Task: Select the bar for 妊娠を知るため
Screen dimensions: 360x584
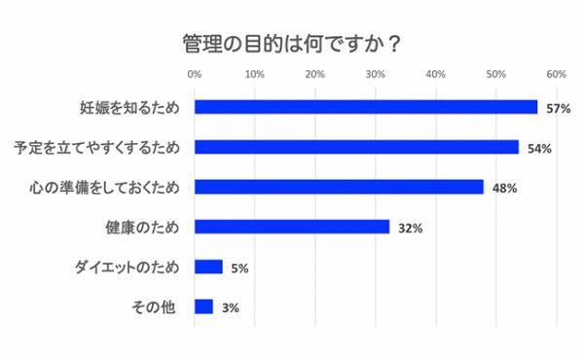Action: click(x=366, y=107)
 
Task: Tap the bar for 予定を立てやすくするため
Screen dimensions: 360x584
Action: click(x=356, y=147)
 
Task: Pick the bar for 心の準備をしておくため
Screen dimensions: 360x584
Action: click(x=339, y=187)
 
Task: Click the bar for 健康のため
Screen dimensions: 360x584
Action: click(x=292, y=227)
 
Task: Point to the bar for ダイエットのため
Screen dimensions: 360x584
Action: click(x=208, y=267)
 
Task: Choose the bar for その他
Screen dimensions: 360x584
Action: click(x=203, y=306)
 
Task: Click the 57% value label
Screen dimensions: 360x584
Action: click(x=558, y=108)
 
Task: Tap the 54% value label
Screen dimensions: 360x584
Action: click(x=540, y=148)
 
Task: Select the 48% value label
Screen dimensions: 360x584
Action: click(x=504, y=188)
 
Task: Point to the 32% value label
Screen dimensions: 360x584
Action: click(x=410, y=228)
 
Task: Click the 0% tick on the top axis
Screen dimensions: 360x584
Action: click(x=195, y=74)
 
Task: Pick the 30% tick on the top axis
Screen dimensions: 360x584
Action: click(x=376, y=74)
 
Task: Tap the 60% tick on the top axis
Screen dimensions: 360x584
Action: click(x=557, y=74)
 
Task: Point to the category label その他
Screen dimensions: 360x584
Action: click(x=153, y=307)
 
